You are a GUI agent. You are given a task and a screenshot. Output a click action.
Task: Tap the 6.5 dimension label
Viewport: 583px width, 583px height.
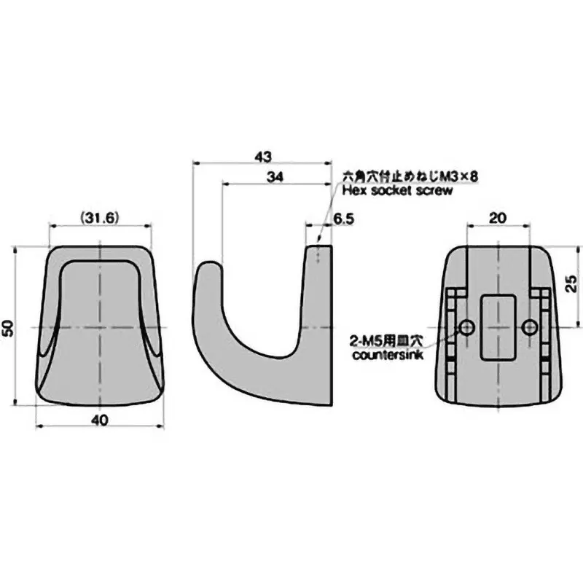(x=343, y=218)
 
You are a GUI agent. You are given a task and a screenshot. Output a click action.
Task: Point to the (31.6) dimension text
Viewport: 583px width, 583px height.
(x=100, y=217)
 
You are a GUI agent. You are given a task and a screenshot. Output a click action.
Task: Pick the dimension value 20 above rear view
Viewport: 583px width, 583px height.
(x=498, y=217)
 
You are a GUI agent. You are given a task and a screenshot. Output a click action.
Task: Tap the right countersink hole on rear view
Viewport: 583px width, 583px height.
(x=530, y=326)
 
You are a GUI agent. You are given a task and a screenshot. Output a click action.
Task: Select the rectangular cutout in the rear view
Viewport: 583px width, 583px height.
(x=498, y=326)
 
